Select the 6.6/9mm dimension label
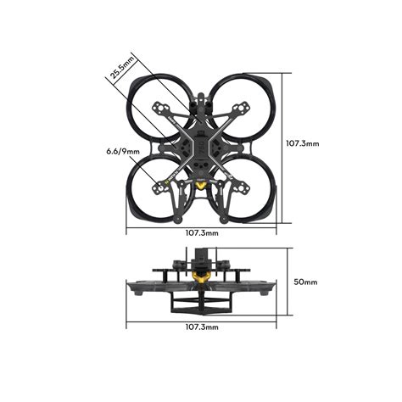tap(113, 153)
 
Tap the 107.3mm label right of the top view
tap(302, 143)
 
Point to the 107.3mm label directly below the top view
tap(200, 232)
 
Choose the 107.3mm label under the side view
tap(200, 326)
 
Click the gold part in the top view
tap(201, 185)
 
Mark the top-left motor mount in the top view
tap(161, 109)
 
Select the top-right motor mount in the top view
tap(240, 109)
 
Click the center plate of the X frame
tap(201, 144)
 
